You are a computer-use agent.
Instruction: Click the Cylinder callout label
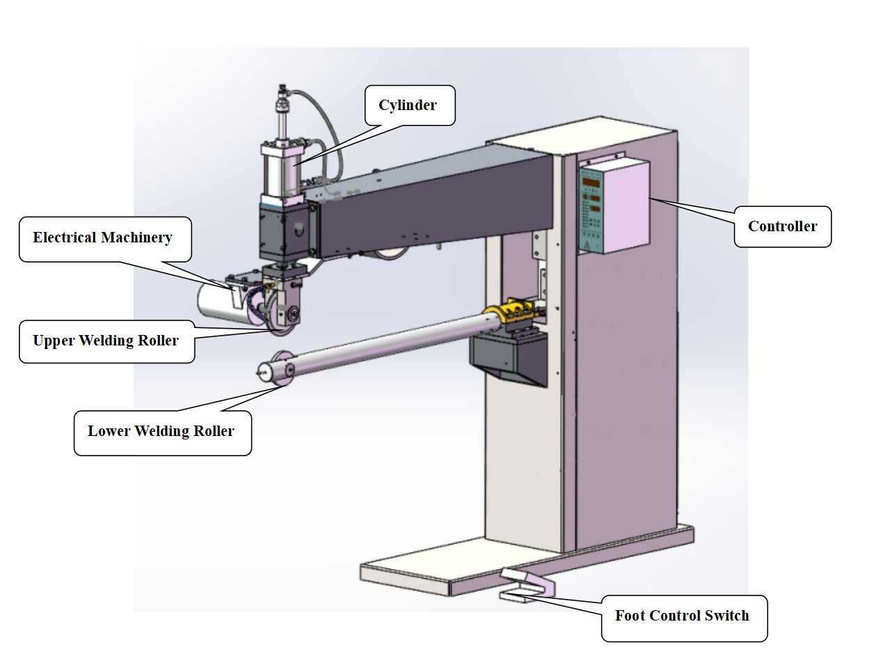pyautogui.click(x=410, y=105)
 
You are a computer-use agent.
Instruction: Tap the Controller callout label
pyautogui.click(x=783, y=226)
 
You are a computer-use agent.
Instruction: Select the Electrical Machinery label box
pyautogui.click(x=105, y=239)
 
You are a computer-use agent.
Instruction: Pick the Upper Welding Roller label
pyautogui.click(x=107, y=341)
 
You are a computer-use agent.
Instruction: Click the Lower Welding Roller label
pyautogui.click(x=163, y=433)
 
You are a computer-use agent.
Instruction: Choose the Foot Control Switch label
pyautogui.click(x=684, y=618)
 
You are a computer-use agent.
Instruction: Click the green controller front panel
pyautogui.click(x=591, y=210)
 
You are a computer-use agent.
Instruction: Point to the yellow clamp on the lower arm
pyautogui.click(x=509, y=311)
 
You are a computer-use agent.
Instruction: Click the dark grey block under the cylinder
pyautogui.click(x=284, y=232)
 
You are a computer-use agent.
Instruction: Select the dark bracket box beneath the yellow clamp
pyautogui.click(x=509, y=357)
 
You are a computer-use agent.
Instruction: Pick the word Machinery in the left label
pyautogui.click(x=136, y=238)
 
